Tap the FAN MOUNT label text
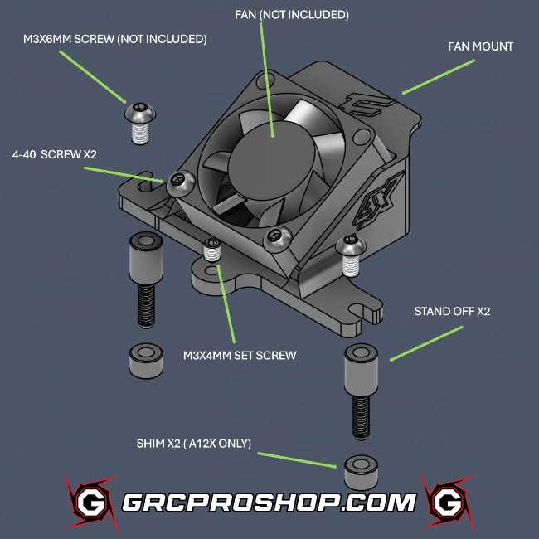(480, 46)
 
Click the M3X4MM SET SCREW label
(240, 355)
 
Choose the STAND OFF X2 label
(453, 312)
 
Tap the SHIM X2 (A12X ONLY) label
(193, 443)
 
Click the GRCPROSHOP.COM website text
(269, 502)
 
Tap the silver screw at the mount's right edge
(349, 253)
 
